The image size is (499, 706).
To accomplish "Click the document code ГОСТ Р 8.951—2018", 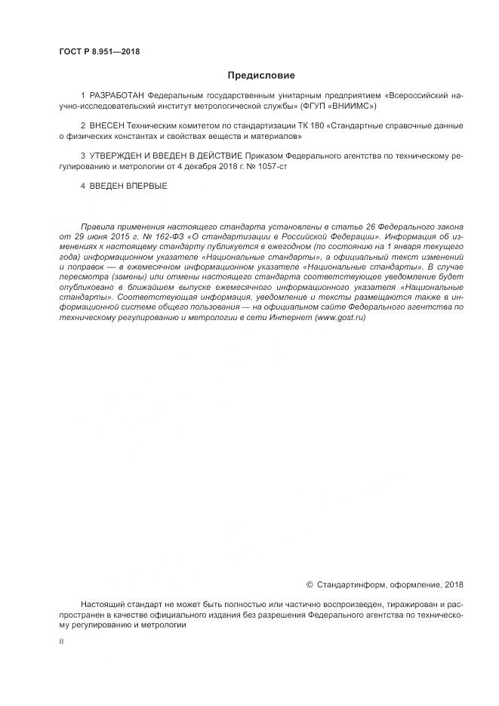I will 99,52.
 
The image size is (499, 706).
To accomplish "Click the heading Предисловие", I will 260,76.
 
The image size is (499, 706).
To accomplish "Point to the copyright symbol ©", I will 310,584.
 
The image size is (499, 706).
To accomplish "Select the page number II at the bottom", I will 61,640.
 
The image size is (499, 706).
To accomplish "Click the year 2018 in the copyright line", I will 454,584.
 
